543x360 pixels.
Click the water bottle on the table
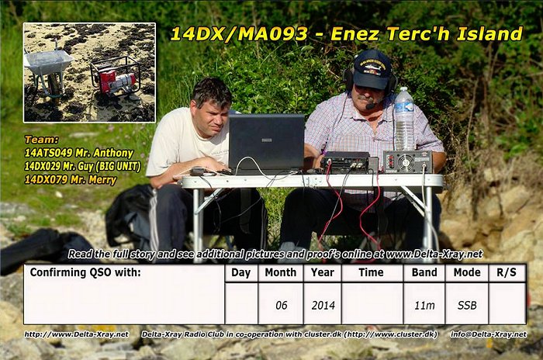pos(404,119)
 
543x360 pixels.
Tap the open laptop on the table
pos(266,143)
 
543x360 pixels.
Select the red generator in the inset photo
pos(116,77)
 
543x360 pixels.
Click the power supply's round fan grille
pos(406,162)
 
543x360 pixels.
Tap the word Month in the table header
pos(281,272)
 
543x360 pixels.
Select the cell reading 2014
pos(323,305)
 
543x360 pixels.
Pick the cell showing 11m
pos(424,305)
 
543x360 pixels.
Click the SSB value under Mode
pos(467,305)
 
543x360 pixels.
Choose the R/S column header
pos(507,272)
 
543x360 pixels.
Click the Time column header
pos(371,272)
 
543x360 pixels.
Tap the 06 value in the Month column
pos(281,305)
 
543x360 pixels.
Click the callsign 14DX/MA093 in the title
pos(239,34)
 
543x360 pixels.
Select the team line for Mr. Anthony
pos(78,153)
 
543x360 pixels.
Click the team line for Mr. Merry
pos(71,179)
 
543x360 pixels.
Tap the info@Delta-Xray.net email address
pos(488,334)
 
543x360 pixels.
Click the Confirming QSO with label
pos(85,272)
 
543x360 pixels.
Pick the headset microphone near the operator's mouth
pos(371,105)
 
